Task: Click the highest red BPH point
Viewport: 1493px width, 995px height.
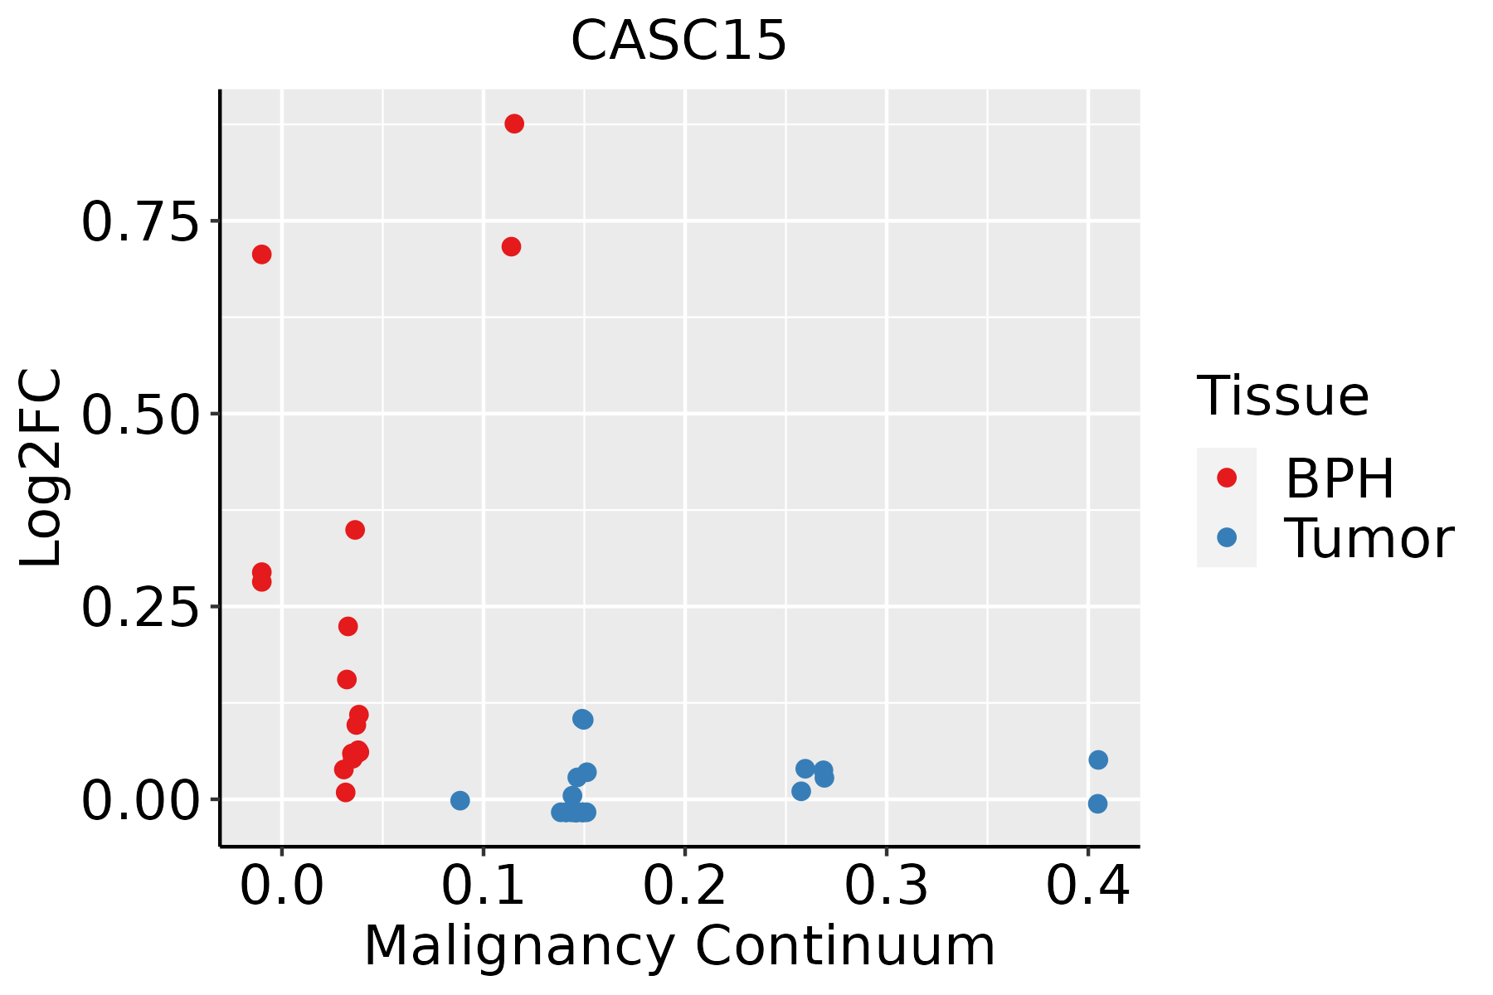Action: click(514, 124)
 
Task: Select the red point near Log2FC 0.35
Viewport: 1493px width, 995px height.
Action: click(355, 530)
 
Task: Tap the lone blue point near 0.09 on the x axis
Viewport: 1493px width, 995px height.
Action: click(460, 800)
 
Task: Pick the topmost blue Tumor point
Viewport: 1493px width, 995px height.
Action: click(583, 719)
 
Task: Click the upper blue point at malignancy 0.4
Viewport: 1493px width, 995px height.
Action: click(1098, 760)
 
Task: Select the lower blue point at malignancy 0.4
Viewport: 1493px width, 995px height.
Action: click(1097, 803)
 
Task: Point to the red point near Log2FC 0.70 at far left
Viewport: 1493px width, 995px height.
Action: click(262, 255)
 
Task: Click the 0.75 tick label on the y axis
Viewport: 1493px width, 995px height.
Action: click(141, 223)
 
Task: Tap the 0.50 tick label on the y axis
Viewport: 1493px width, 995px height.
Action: click(141, 415)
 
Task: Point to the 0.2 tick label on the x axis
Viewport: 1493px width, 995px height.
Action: click(685, 886)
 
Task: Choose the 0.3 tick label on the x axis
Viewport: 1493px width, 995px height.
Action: click(887, 886)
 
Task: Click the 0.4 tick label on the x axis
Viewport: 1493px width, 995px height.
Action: click(1088, 886)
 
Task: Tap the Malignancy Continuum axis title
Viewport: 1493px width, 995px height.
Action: click(679, 947)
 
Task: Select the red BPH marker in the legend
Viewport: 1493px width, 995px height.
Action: click(1227, 478)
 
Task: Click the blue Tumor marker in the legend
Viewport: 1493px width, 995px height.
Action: click(1227, 537)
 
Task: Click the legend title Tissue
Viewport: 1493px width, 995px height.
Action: click(1282, 396)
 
